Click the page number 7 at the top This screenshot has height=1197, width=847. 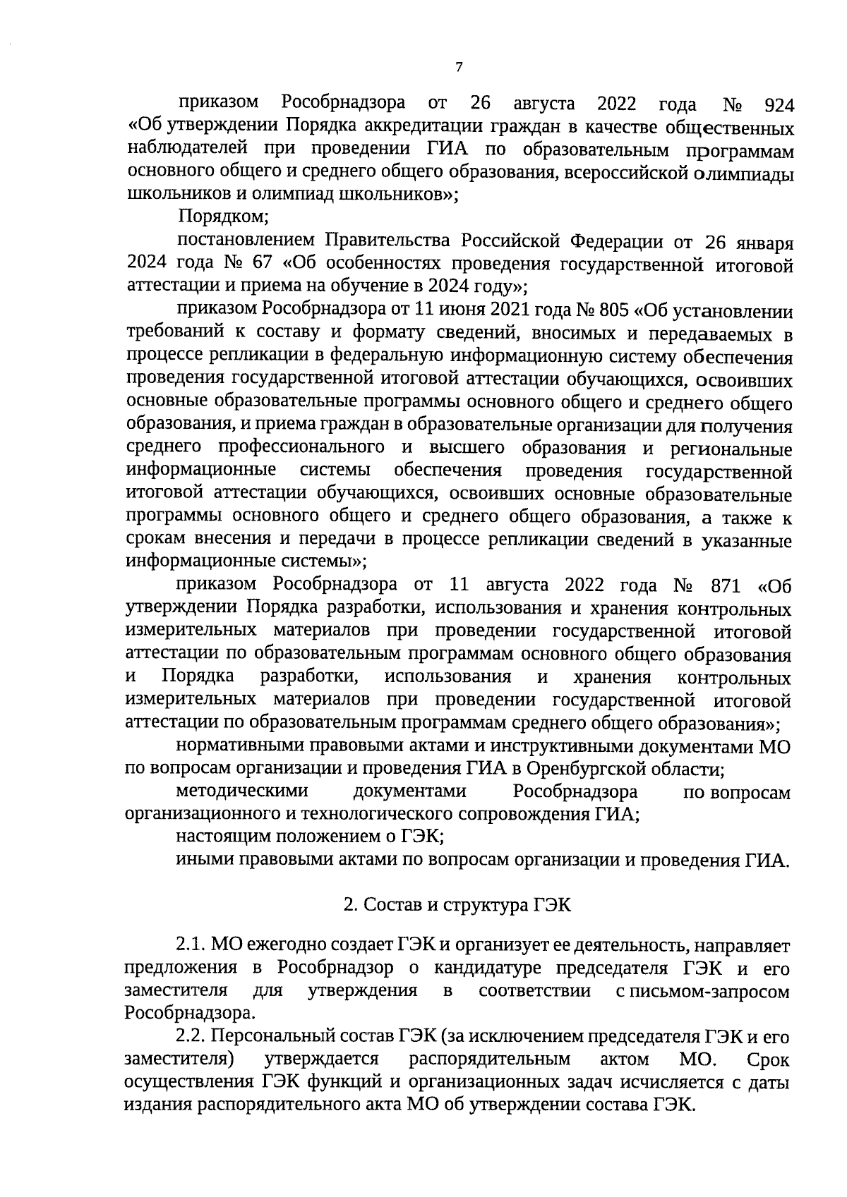pos(458,68)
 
